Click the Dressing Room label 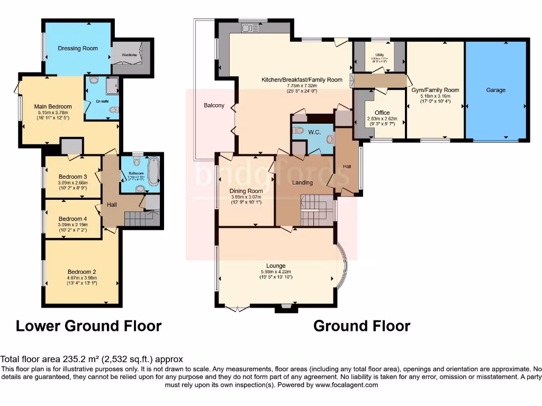coord(78,48)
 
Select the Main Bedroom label coord(53,106)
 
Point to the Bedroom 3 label coord(73,177)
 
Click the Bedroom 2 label coord(77,272)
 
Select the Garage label coord(496,90)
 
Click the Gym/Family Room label coord(435,90)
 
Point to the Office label coord(382,113)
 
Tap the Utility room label coord(379,54)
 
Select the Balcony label coord(214,105)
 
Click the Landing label coord(302,182)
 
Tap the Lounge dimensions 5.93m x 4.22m coord(276,272)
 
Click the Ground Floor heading coord(362,326)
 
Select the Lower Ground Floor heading coord(88,326)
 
